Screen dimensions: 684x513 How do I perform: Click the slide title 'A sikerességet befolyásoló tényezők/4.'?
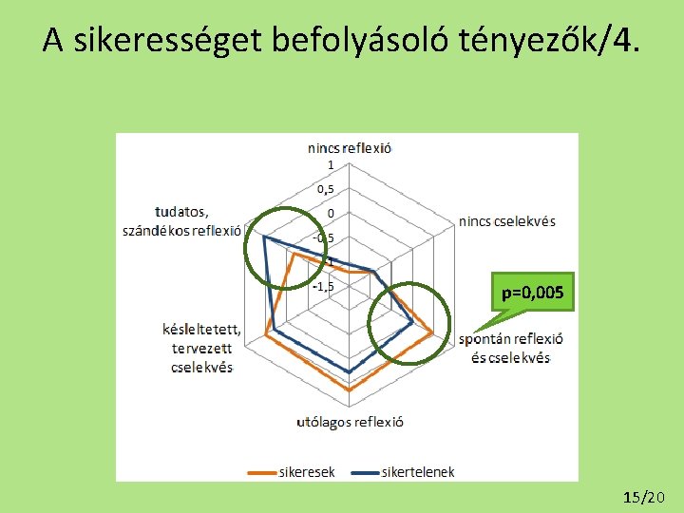341,40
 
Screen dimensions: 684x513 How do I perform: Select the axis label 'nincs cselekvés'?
507,221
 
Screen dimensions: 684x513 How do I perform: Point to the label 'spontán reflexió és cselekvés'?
510,348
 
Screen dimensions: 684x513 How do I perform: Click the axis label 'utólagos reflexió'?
350,422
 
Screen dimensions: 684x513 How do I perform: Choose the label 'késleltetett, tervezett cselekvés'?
201,348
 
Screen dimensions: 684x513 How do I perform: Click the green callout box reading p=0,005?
533,294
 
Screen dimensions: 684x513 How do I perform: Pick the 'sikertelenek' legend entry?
418,470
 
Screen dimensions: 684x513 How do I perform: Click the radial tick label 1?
331,165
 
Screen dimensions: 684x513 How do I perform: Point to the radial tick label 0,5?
325,189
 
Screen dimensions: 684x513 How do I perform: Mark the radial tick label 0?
331,214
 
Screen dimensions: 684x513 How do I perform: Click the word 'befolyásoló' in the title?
351,40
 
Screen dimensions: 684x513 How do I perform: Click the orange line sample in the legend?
261,470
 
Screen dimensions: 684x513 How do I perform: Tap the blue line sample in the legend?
364,470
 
